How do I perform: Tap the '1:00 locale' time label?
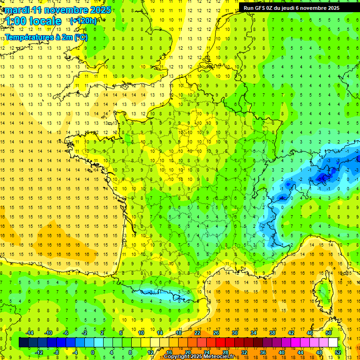tap(34, 21)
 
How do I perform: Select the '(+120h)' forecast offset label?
tap(83, 21)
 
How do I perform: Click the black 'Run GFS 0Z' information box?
tap(295, 7)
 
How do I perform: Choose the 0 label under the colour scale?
tap(93, 352)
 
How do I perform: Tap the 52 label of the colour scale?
tap(338, 352)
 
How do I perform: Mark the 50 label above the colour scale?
tap(329, 333)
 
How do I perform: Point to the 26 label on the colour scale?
tap(216, 333)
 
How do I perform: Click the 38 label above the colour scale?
tap(272, 333)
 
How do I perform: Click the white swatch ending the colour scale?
tap(333, 342)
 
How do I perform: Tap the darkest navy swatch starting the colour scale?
tap(23, 342)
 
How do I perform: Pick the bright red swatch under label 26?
tap(220, 342)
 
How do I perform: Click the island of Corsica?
tap(323, 293)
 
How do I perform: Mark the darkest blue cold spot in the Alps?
tap(322, 177)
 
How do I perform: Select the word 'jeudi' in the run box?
tap(290, 8)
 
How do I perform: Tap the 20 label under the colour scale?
tap(188, 352)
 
